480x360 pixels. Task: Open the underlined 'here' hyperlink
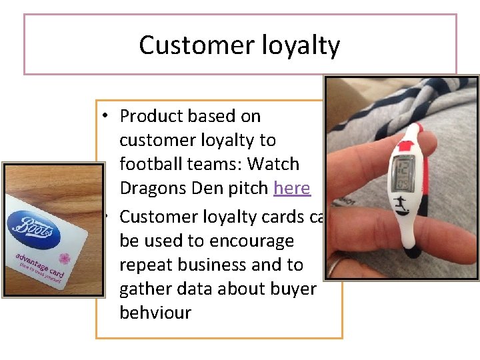point(292,188)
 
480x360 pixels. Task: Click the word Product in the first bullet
point(152,116)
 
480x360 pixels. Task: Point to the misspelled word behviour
point(155,312)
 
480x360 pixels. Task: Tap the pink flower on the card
point(64,259)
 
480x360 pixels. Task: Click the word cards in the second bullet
point(283,217)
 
